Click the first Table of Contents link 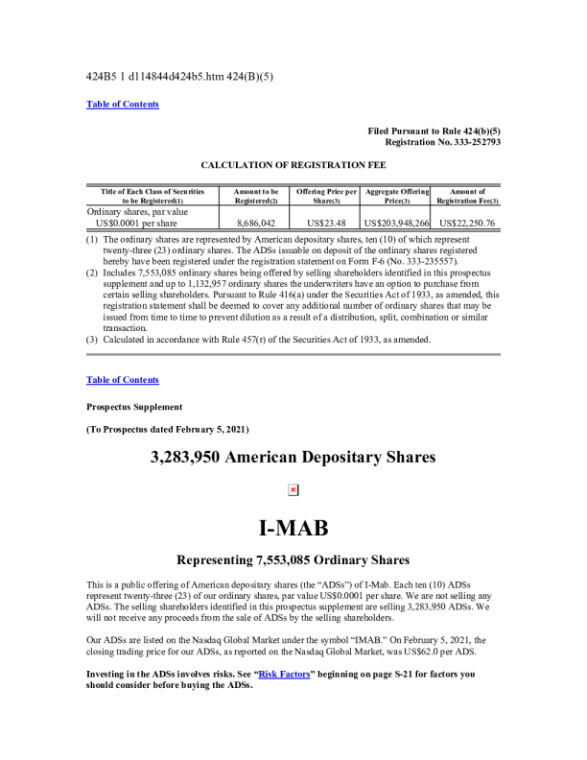click(x=123, y=104)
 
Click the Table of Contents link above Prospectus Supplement click(x=123, y=380)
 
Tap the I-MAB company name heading click(x=293, y=529)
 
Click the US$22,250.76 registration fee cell click(x=467, y=223)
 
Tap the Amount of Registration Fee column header click(x=467, y=197)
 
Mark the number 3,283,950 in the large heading click(x=186, y=458)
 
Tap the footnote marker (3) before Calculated click(x=92, y=340)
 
